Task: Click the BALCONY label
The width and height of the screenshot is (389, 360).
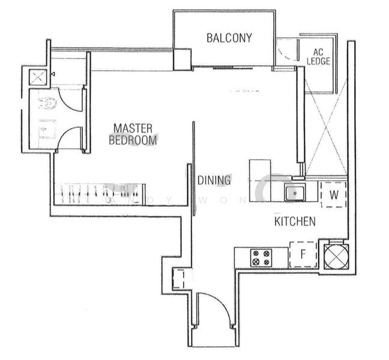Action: point(229,38)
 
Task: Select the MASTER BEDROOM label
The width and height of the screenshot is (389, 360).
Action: point(133,134)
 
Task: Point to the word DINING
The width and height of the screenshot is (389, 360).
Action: point(214,180)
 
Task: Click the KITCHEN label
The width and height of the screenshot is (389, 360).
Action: point(295,221)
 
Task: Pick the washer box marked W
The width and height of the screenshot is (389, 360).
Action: point(334,195)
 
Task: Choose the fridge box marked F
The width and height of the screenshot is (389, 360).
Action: point(304,254)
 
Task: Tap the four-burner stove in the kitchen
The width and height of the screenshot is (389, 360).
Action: point(261,258)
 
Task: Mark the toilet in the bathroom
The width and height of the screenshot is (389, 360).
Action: point(47,103)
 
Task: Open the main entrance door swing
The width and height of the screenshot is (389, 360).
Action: point(214,309)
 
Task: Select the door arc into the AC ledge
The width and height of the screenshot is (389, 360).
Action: point(286,52)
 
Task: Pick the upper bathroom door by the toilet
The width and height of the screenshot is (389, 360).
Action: point(73,100)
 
